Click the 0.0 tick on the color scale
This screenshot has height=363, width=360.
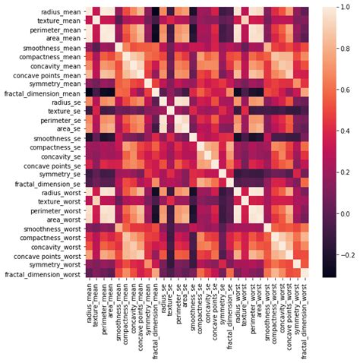click(344, 213)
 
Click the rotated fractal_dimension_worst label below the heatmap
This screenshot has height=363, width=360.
click(305, 318)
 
